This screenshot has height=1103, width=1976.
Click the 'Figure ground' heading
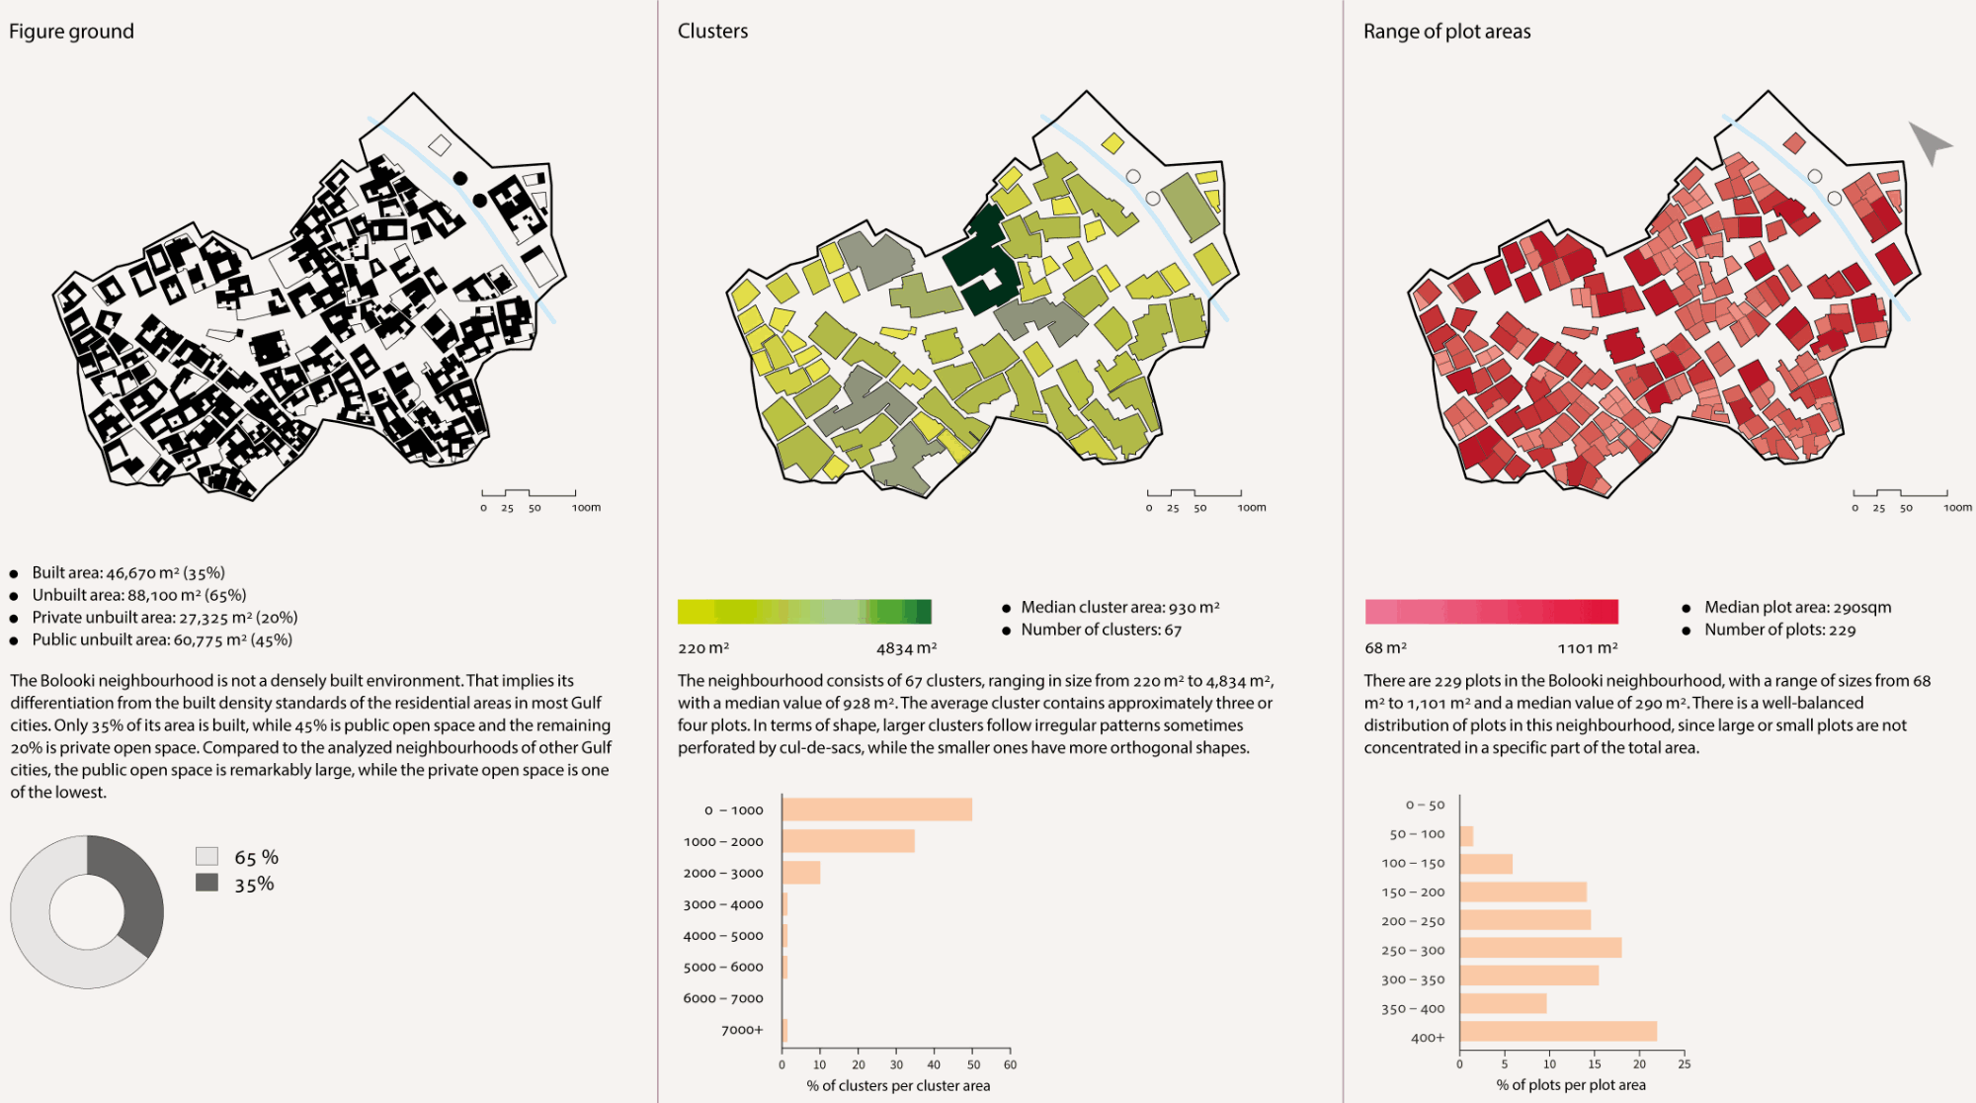point(71,32)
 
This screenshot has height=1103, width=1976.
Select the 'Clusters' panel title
point(712,32)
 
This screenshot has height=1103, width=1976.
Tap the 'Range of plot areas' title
point(1446,32)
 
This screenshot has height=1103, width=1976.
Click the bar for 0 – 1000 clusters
point(876,809)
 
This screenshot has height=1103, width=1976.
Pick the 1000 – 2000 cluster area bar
point(848,841)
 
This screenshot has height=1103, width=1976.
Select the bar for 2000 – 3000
point(800,873)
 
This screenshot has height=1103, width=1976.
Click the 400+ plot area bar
point(1558,1032)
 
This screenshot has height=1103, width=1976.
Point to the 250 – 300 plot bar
point(1540,949)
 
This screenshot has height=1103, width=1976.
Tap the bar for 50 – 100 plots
point(1466,836)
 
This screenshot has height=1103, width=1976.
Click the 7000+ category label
point(742,1030)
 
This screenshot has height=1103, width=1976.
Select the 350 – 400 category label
point(1413,1009)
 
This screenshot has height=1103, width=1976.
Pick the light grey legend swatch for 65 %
point(206,856)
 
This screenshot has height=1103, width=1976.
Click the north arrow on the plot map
point(1928,142)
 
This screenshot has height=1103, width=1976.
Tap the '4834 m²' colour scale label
point(906,648)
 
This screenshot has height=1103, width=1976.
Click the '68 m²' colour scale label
point(1385,648)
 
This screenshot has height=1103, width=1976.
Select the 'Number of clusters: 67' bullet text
point(1101,630)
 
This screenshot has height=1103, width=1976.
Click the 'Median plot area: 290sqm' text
point(1797,607)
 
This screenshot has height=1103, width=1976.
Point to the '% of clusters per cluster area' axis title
point(898,1085)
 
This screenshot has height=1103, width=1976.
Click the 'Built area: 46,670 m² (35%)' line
point(128,572)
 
